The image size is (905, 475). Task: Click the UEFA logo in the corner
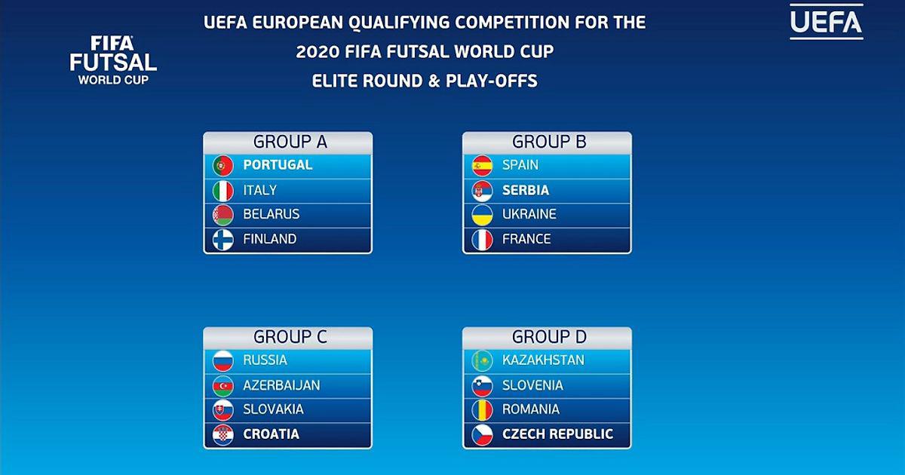pos(827,22)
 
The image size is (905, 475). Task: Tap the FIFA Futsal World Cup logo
pos(113,60)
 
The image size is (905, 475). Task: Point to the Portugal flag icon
pos(223,166)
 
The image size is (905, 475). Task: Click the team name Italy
pos(259,190)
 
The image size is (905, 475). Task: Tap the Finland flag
pos(223,240)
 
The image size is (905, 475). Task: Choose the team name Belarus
pos(271,214)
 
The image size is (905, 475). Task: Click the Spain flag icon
pos(482,166)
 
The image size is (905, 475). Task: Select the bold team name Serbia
pos(526,190)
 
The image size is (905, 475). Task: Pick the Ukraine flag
pos(482,215)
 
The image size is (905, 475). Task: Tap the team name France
pos(526,239)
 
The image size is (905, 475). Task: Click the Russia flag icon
pos(223,360)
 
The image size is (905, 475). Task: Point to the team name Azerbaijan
pos(281,385)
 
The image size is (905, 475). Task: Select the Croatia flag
pos(223,435)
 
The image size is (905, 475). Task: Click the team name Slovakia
pos(273,409)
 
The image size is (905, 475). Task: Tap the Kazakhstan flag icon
pos(482,360)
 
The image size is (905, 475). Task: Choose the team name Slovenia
pos(532,385)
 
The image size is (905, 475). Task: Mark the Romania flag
pos(482,410)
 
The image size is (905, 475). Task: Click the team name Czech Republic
pos(557,434)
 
